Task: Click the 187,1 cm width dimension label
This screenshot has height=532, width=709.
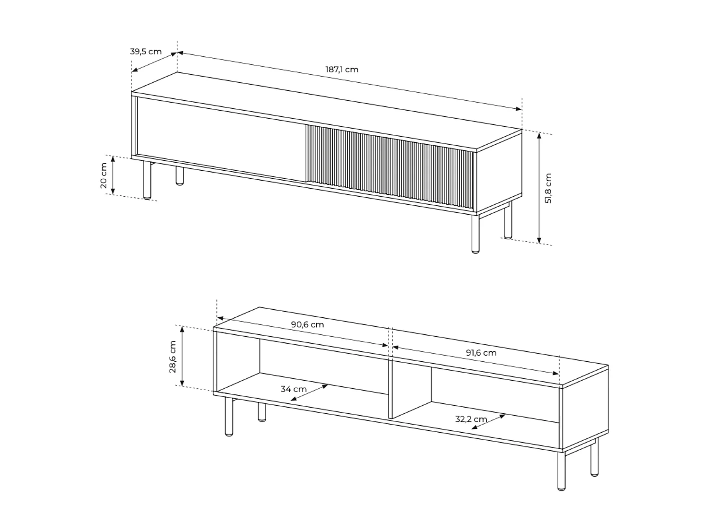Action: pos(342,70)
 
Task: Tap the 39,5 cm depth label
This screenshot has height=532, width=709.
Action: pos(146,52)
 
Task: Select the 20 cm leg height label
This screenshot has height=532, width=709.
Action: pos(104,175)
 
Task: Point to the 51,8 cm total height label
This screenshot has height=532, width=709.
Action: pos(548,188)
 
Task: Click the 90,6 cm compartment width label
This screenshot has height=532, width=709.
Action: pos(307,325)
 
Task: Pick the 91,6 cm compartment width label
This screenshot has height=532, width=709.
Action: pos(481,353)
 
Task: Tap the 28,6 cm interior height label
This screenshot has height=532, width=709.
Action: pos(173,357)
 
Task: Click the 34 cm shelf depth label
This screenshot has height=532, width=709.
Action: pos(294,389)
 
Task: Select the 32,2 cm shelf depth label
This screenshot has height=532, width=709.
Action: pos(471,419)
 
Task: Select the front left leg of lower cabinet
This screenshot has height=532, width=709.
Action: pos(229,416)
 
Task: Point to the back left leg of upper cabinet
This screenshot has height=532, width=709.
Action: pos(180,175)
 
